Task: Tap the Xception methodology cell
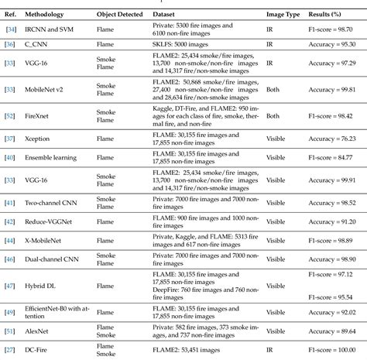click(44, 139)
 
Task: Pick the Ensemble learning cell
click(58, 158)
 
